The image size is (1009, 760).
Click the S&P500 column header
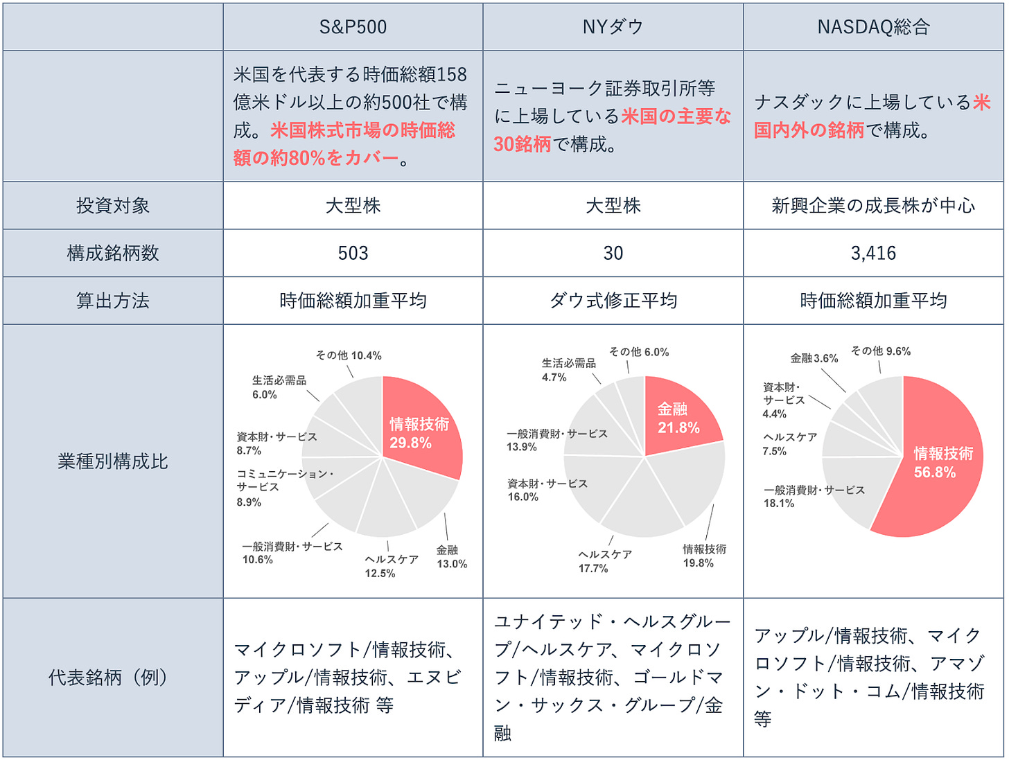point(353,27)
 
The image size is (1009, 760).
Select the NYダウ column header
point(613,27)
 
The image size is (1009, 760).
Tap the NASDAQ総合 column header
point(873,27)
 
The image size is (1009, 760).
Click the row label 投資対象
point(113,206)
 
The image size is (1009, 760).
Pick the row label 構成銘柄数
point(113,254)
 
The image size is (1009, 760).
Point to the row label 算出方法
point(113,301)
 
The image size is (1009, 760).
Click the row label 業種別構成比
point(113,461)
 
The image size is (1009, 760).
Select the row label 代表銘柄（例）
point(113,678)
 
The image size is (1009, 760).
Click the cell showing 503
point(353,254)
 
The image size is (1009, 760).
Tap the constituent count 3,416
point(873,254)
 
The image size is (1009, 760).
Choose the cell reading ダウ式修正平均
point(613,301)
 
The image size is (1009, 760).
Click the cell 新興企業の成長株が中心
point(873,206)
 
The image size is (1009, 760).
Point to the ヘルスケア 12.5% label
point(391,566)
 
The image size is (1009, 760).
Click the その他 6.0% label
point(638,352)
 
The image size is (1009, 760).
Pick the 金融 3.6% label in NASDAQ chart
point(814,358)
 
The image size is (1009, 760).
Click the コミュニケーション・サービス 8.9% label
point(284,488)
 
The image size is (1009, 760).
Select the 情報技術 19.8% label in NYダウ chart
point(704,556)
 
